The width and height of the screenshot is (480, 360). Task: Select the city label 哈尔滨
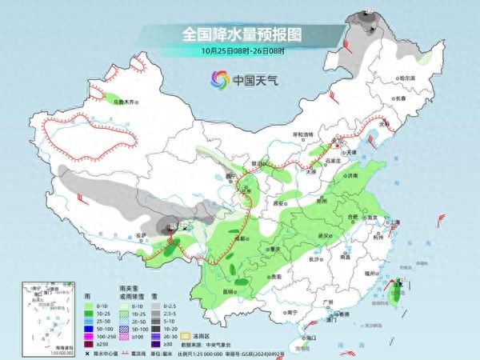click(x=409, y=78)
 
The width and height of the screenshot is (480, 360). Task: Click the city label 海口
click(x=310, y=338)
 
